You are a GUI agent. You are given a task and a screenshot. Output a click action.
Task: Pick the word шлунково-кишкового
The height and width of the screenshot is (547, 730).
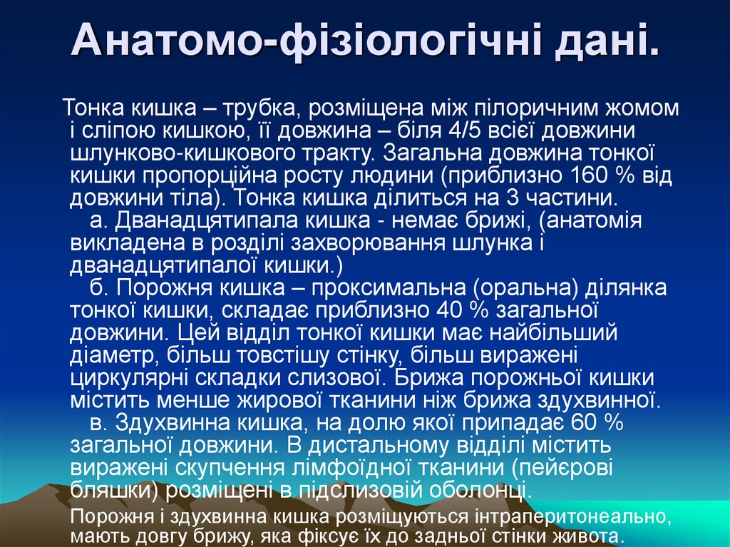[187, 154]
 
